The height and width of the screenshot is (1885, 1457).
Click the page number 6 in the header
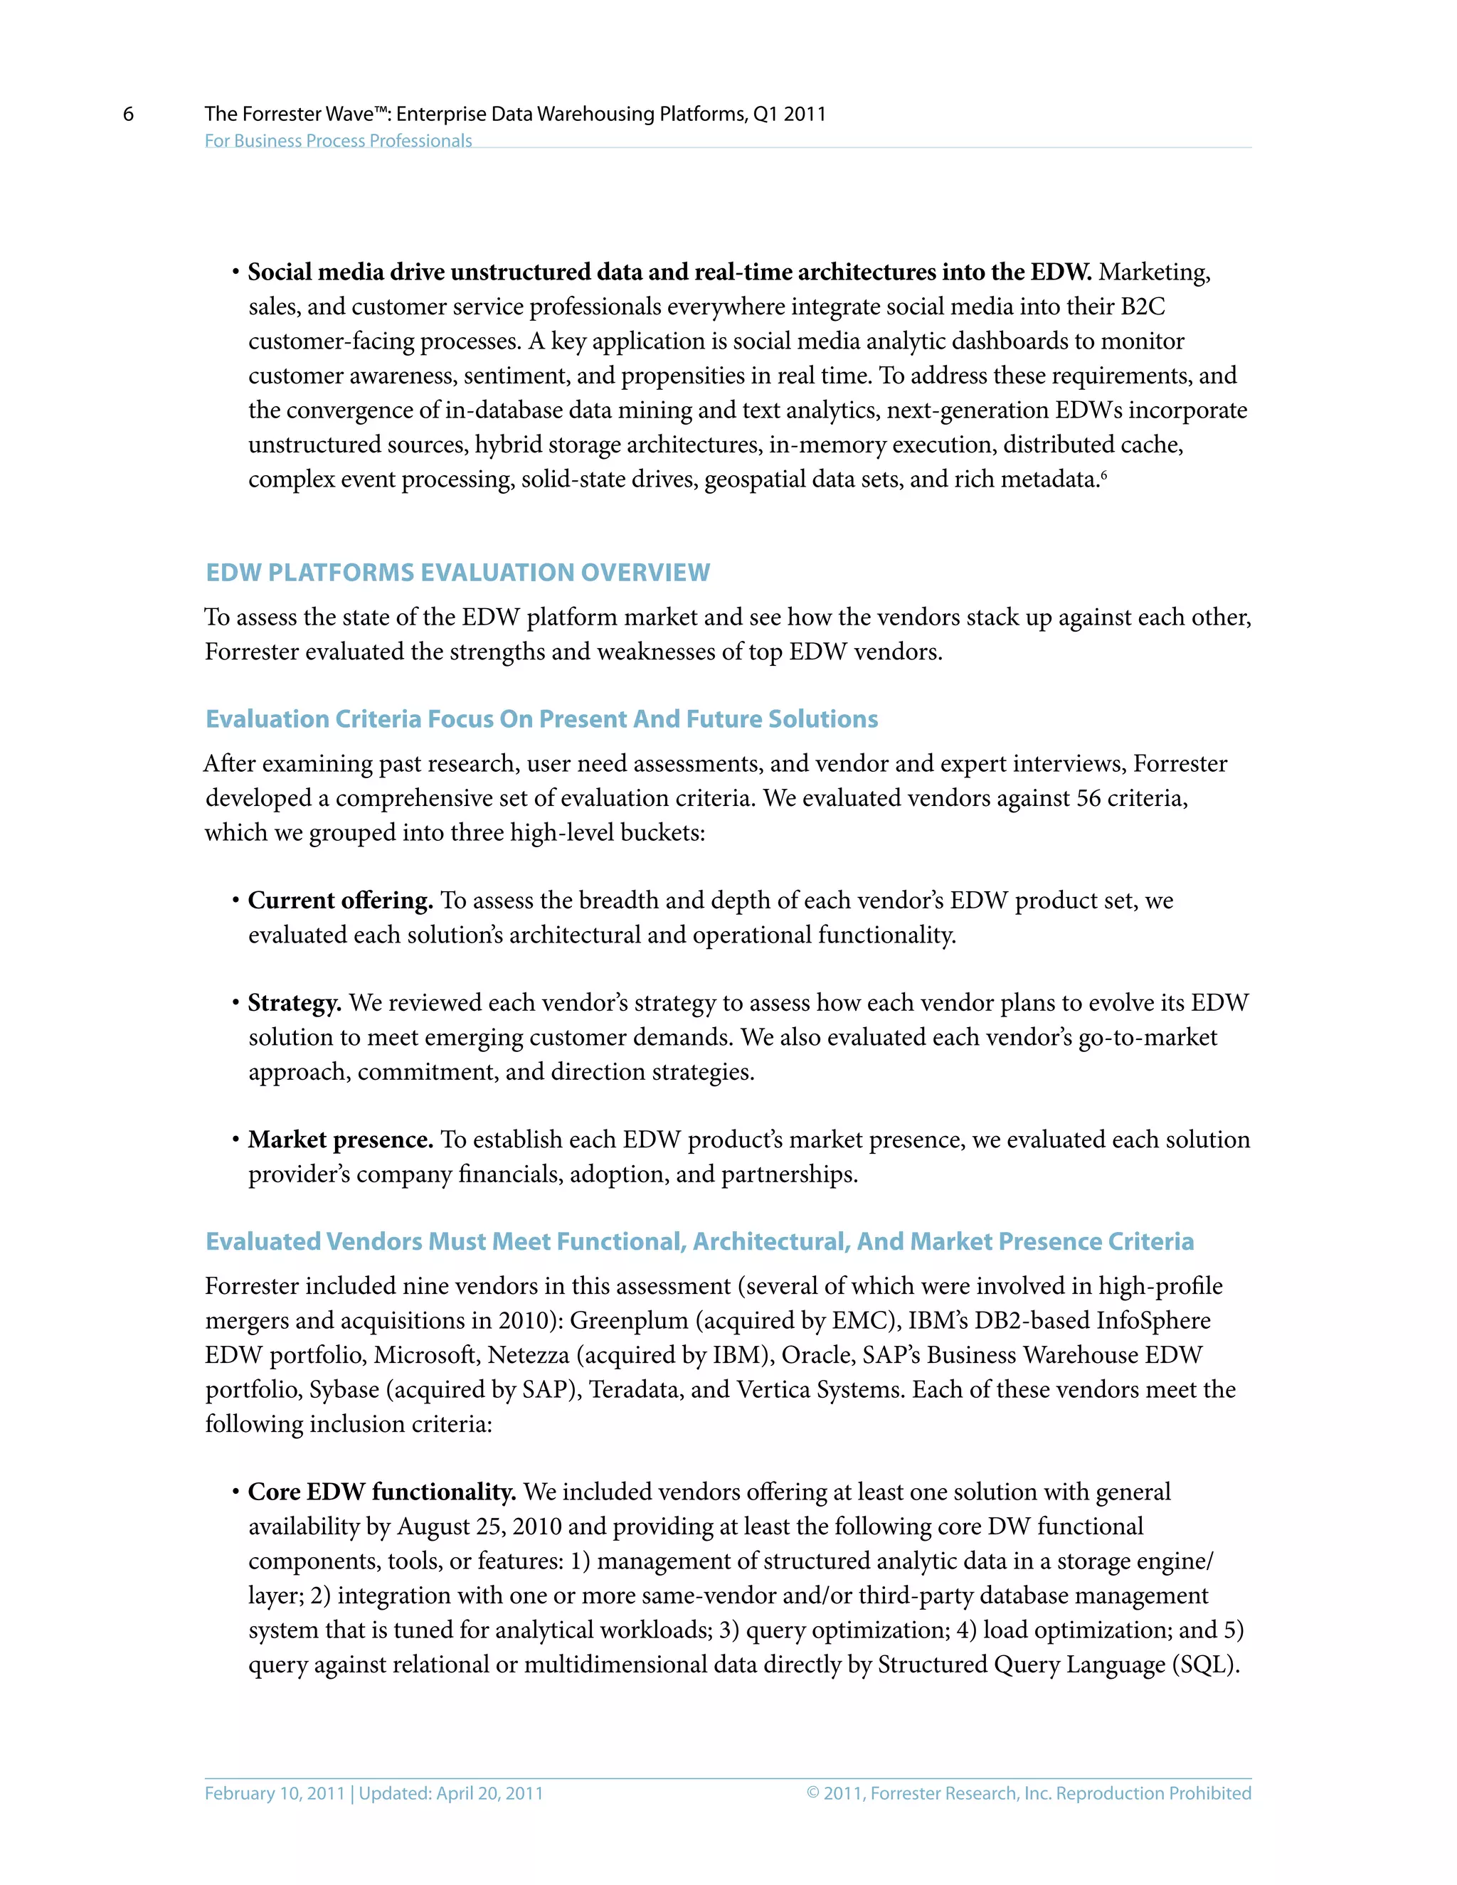129,114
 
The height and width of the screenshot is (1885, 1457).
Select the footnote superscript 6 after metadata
1104,474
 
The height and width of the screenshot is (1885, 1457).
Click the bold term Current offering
340,901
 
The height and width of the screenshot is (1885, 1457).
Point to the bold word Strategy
295,1002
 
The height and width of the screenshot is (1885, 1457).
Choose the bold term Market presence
340,1140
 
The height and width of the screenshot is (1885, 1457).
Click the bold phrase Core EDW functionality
381,1492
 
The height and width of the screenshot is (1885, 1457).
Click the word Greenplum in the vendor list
628,1319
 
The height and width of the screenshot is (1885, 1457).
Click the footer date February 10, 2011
275,1793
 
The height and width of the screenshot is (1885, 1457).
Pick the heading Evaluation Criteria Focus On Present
541,719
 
